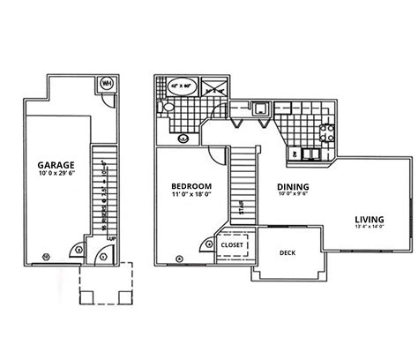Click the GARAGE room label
tap(55, 165)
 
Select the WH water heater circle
tap(108, 84)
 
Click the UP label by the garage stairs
tap(112, 237)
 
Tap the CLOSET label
tap(233, 244)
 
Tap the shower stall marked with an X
tap(214, 86)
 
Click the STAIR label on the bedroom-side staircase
tap(241, 209)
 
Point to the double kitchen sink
tap(310, 154)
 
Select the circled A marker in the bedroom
tap(180, 259)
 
